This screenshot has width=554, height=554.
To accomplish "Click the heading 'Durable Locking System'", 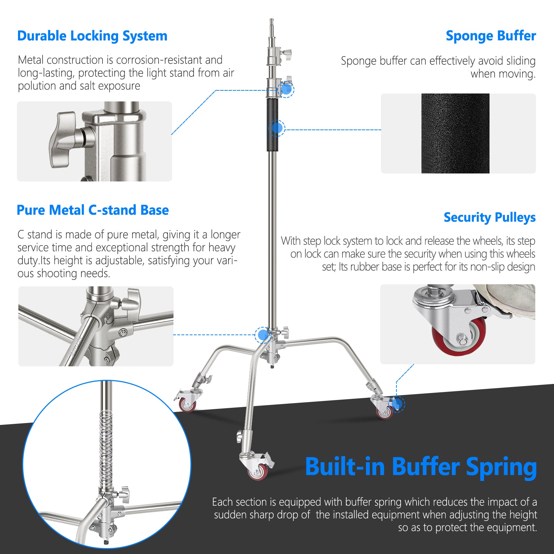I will (92, 36).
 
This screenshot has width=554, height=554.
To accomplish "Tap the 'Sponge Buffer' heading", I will (491, 36).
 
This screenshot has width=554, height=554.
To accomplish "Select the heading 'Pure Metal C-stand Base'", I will (93, 210).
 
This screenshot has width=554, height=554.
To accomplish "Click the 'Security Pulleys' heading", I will (490, 217).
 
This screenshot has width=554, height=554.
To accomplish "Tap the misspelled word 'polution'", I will (37, 86).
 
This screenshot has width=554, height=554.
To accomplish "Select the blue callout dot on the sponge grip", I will (277, 128).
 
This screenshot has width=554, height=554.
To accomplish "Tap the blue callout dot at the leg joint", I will (263, 335).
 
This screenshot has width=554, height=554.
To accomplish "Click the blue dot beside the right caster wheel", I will (397, 404).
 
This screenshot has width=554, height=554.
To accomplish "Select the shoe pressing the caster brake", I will (509, 300).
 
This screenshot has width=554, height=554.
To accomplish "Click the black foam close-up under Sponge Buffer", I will (455, 133).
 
